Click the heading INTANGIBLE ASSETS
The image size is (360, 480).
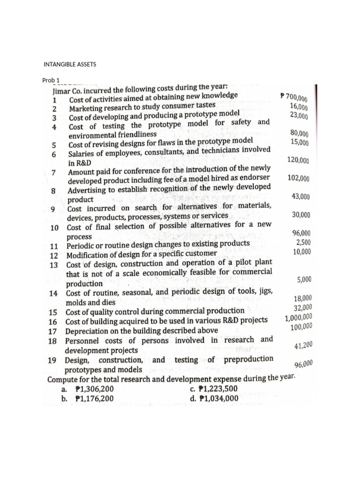(x=69, y=64)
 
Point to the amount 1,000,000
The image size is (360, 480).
(x=298, y=318)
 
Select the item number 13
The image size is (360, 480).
(x=53, y=264)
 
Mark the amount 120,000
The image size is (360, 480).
(x=298, y=160)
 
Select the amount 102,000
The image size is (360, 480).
(x=298, y=179)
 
